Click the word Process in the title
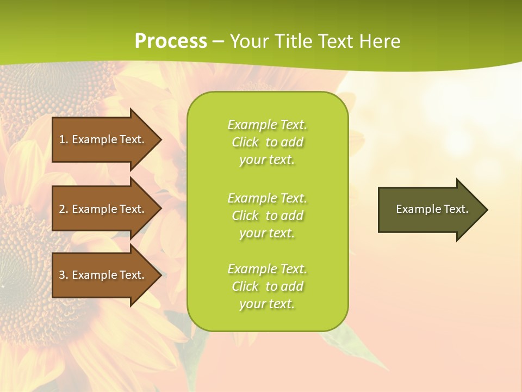171,41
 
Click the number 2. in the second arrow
64,209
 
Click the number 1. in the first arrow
64,139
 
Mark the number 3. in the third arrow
64,275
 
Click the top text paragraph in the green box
267,142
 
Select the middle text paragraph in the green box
267,216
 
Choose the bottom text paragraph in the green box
267,286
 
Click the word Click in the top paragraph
245,142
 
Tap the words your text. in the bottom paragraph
267,304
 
